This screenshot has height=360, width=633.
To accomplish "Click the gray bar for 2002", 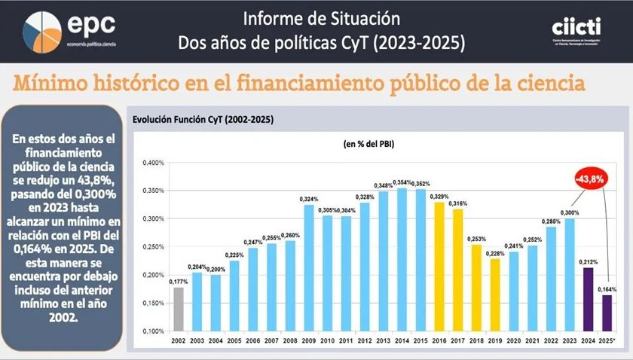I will tap(179, 309).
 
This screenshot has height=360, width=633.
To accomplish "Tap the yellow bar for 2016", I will tap(439, 266).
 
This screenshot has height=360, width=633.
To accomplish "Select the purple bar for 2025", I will tap(606, 313).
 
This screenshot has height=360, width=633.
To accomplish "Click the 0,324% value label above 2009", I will tap(308, 198).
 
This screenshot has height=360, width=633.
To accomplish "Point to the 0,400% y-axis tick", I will tap(153, 163).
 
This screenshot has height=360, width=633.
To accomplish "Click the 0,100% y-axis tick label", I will tap(153, 331).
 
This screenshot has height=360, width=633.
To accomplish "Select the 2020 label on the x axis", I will tap(513, 342).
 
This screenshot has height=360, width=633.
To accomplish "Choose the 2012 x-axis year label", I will tap(365, 342).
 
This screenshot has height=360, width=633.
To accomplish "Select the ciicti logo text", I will tap(576, 26).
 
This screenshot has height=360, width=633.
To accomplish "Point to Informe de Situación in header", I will tap(322, 17).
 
